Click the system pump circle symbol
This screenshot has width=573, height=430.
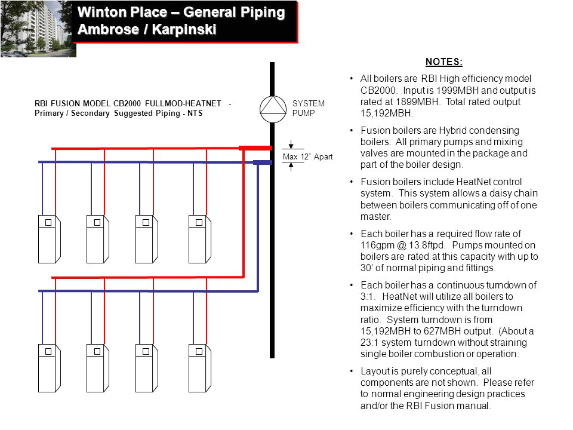[274, 108]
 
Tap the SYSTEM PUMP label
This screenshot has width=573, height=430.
[308, 108]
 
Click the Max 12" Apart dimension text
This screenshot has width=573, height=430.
[307, 157]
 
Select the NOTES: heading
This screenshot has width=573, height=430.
[443, 62]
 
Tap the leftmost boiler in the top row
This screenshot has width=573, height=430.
[48, 238]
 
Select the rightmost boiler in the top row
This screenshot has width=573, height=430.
[199, 238]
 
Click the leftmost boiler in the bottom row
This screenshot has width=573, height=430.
[48, 367]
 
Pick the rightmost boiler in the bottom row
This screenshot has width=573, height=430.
[199, 367]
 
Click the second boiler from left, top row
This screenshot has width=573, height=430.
[97, 238]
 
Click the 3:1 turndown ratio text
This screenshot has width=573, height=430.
[366, 296]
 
